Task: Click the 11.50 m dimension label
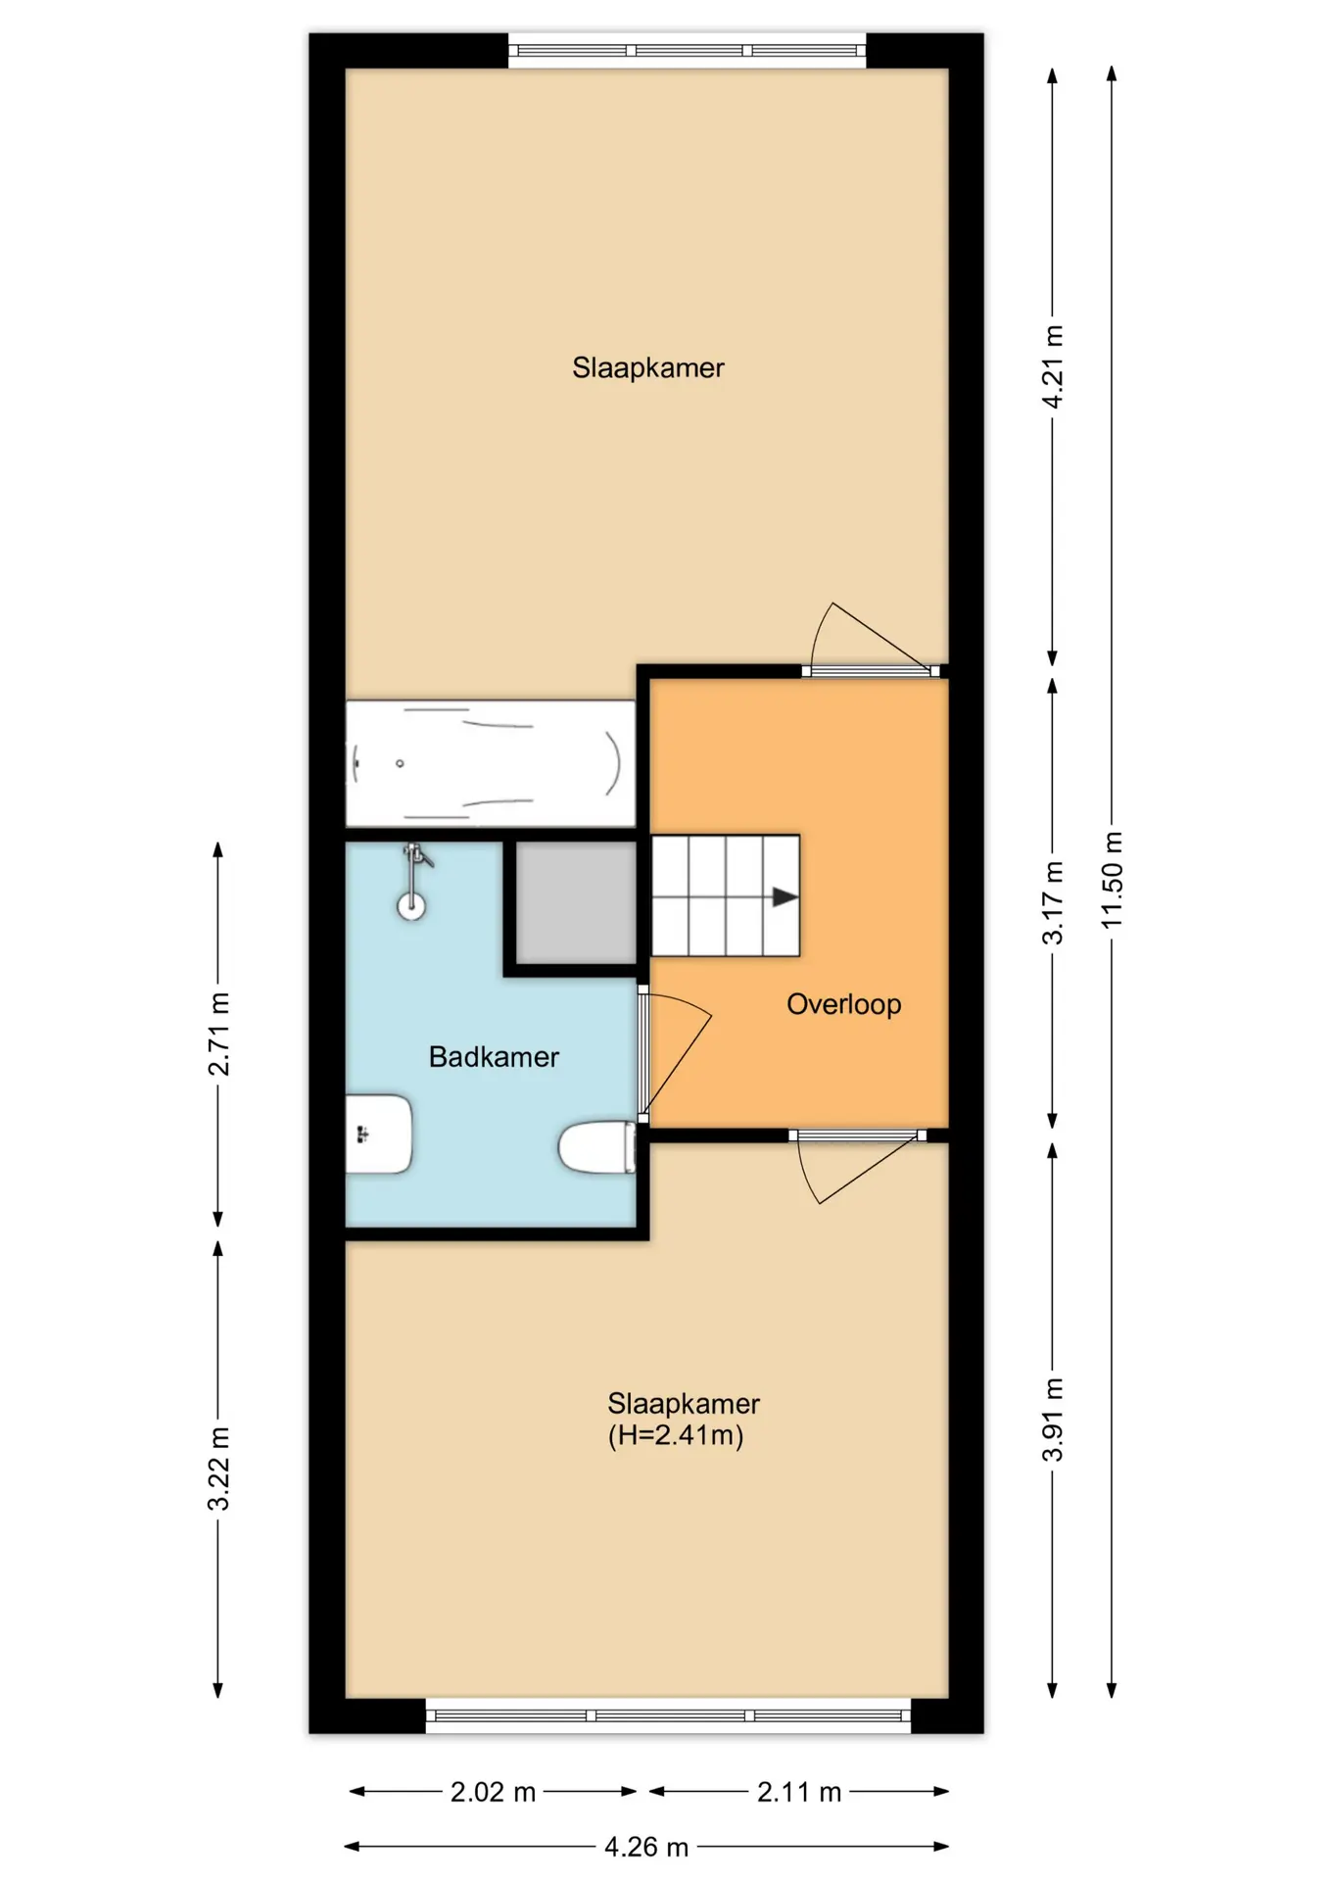[x=1112, y=880]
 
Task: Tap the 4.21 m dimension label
[x=1053, y=366]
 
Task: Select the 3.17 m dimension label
[x=1053, y=902]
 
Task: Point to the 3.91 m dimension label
[x=1053, y=1420]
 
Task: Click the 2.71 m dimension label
[x=218, y=1034]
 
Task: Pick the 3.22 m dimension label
[x=218, y=1469]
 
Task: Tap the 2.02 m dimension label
[x=493, y=1792]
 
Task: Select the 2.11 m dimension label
[x=799, y=1792]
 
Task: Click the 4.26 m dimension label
[x=646, y=1847]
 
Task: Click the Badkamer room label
[x=494, y=1056]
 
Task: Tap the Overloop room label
[x=844, y=1004]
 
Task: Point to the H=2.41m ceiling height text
[x=676, y=1435]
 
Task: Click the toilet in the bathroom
[x=597, y=1146]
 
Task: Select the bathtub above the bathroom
[x=491, y=763]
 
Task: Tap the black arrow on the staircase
[x=784, y=896]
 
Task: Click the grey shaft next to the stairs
[x=576, y=902]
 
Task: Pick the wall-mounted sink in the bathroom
[x=378, y=1133]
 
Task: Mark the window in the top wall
[x=687, y=50]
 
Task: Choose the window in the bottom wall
[x=668, y=1715]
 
